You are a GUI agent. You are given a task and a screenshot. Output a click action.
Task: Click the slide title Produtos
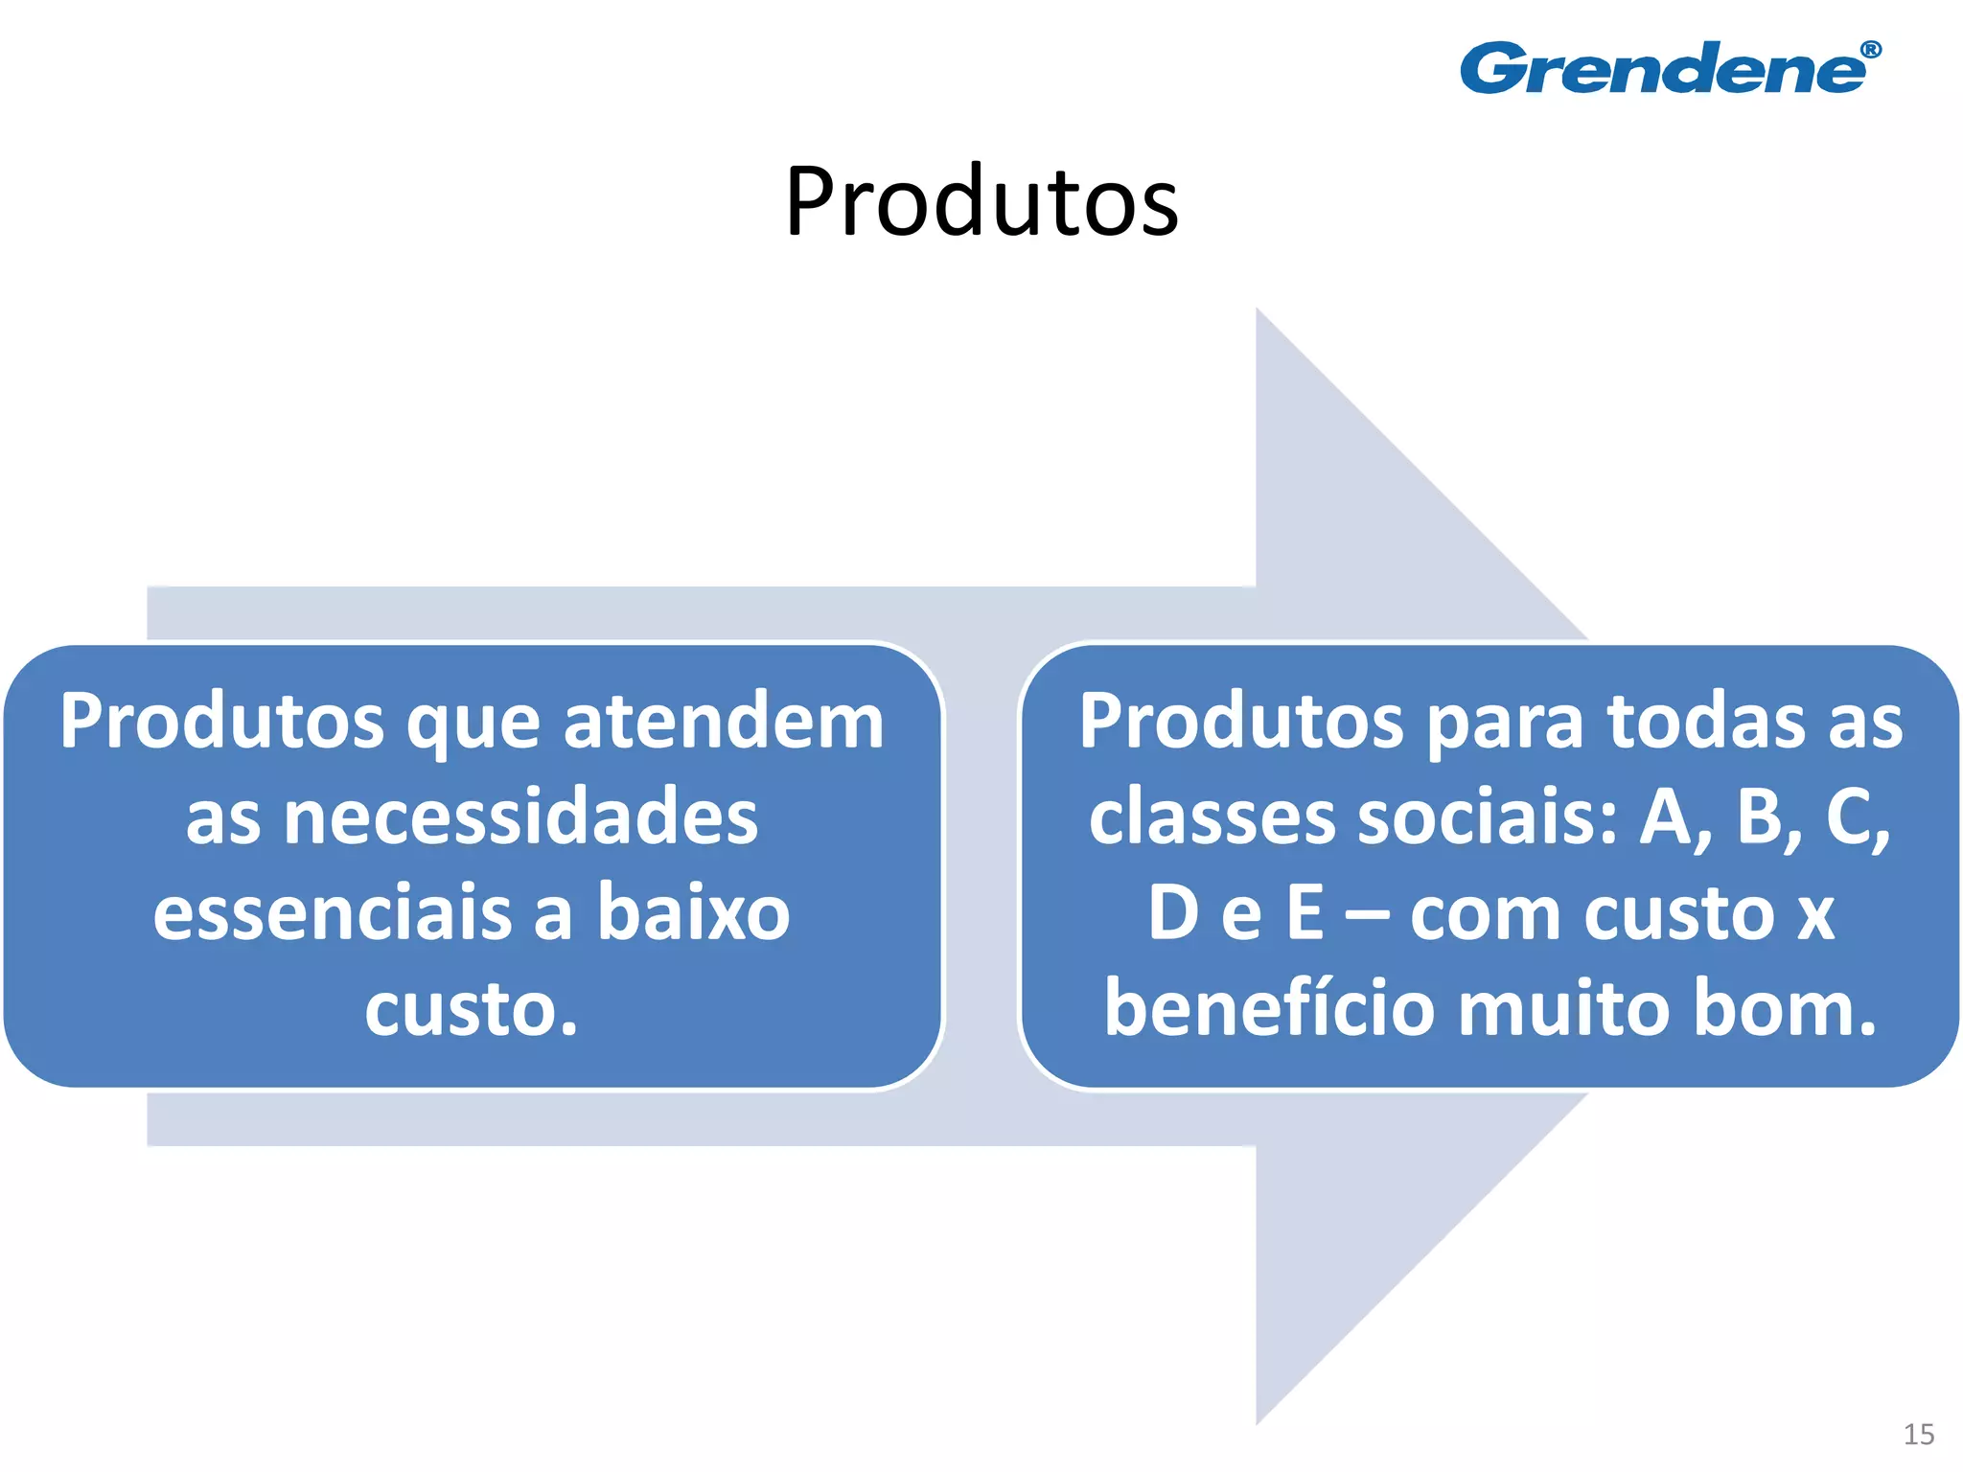[x=981, y=201]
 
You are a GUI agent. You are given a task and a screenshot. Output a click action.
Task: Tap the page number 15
[x=1918, y=1434]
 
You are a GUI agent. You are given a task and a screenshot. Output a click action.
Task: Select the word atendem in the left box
[x=724, y=721]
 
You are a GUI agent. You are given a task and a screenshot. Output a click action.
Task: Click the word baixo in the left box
[x=694, y=912]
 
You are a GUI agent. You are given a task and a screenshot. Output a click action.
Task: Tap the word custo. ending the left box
[x=472, y=1008]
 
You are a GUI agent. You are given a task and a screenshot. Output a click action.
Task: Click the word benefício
[x=1269, y=1008]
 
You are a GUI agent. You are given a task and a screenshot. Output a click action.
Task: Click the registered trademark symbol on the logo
[x=1870, y=50]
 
